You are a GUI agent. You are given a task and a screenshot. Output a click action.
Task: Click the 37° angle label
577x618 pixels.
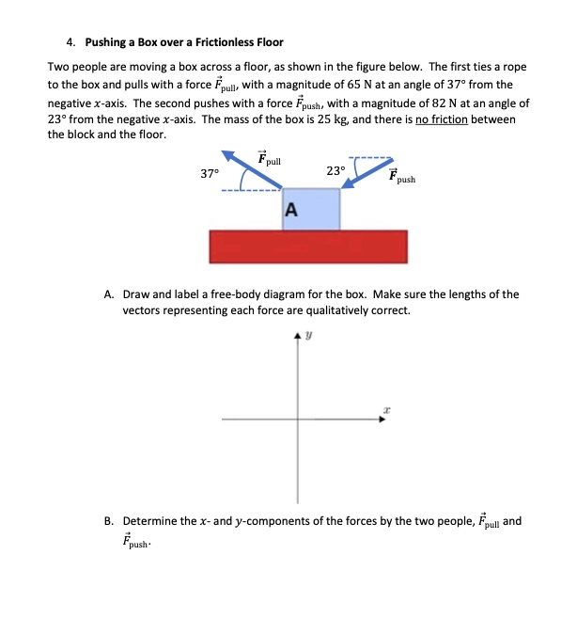point(210,173)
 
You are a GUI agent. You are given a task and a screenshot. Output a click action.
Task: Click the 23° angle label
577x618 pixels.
point(335,170)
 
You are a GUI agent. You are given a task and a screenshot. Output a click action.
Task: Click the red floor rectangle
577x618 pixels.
point(308,247)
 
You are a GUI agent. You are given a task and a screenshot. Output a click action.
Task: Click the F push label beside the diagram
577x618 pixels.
point(399,175)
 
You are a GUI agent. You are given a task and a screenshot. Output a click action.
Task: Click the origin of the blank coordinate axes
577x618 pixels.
point(301,420)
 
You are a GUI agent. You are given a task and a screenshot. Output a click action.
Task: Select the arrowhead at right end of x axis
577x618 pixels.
point(382,420)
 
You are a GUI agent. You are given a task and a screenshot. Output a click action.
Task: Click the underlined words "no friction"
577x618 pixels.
point(451,119)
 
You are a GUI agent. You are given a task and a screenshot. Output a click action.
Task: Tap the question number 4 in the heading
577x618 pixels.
point(71,42)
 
